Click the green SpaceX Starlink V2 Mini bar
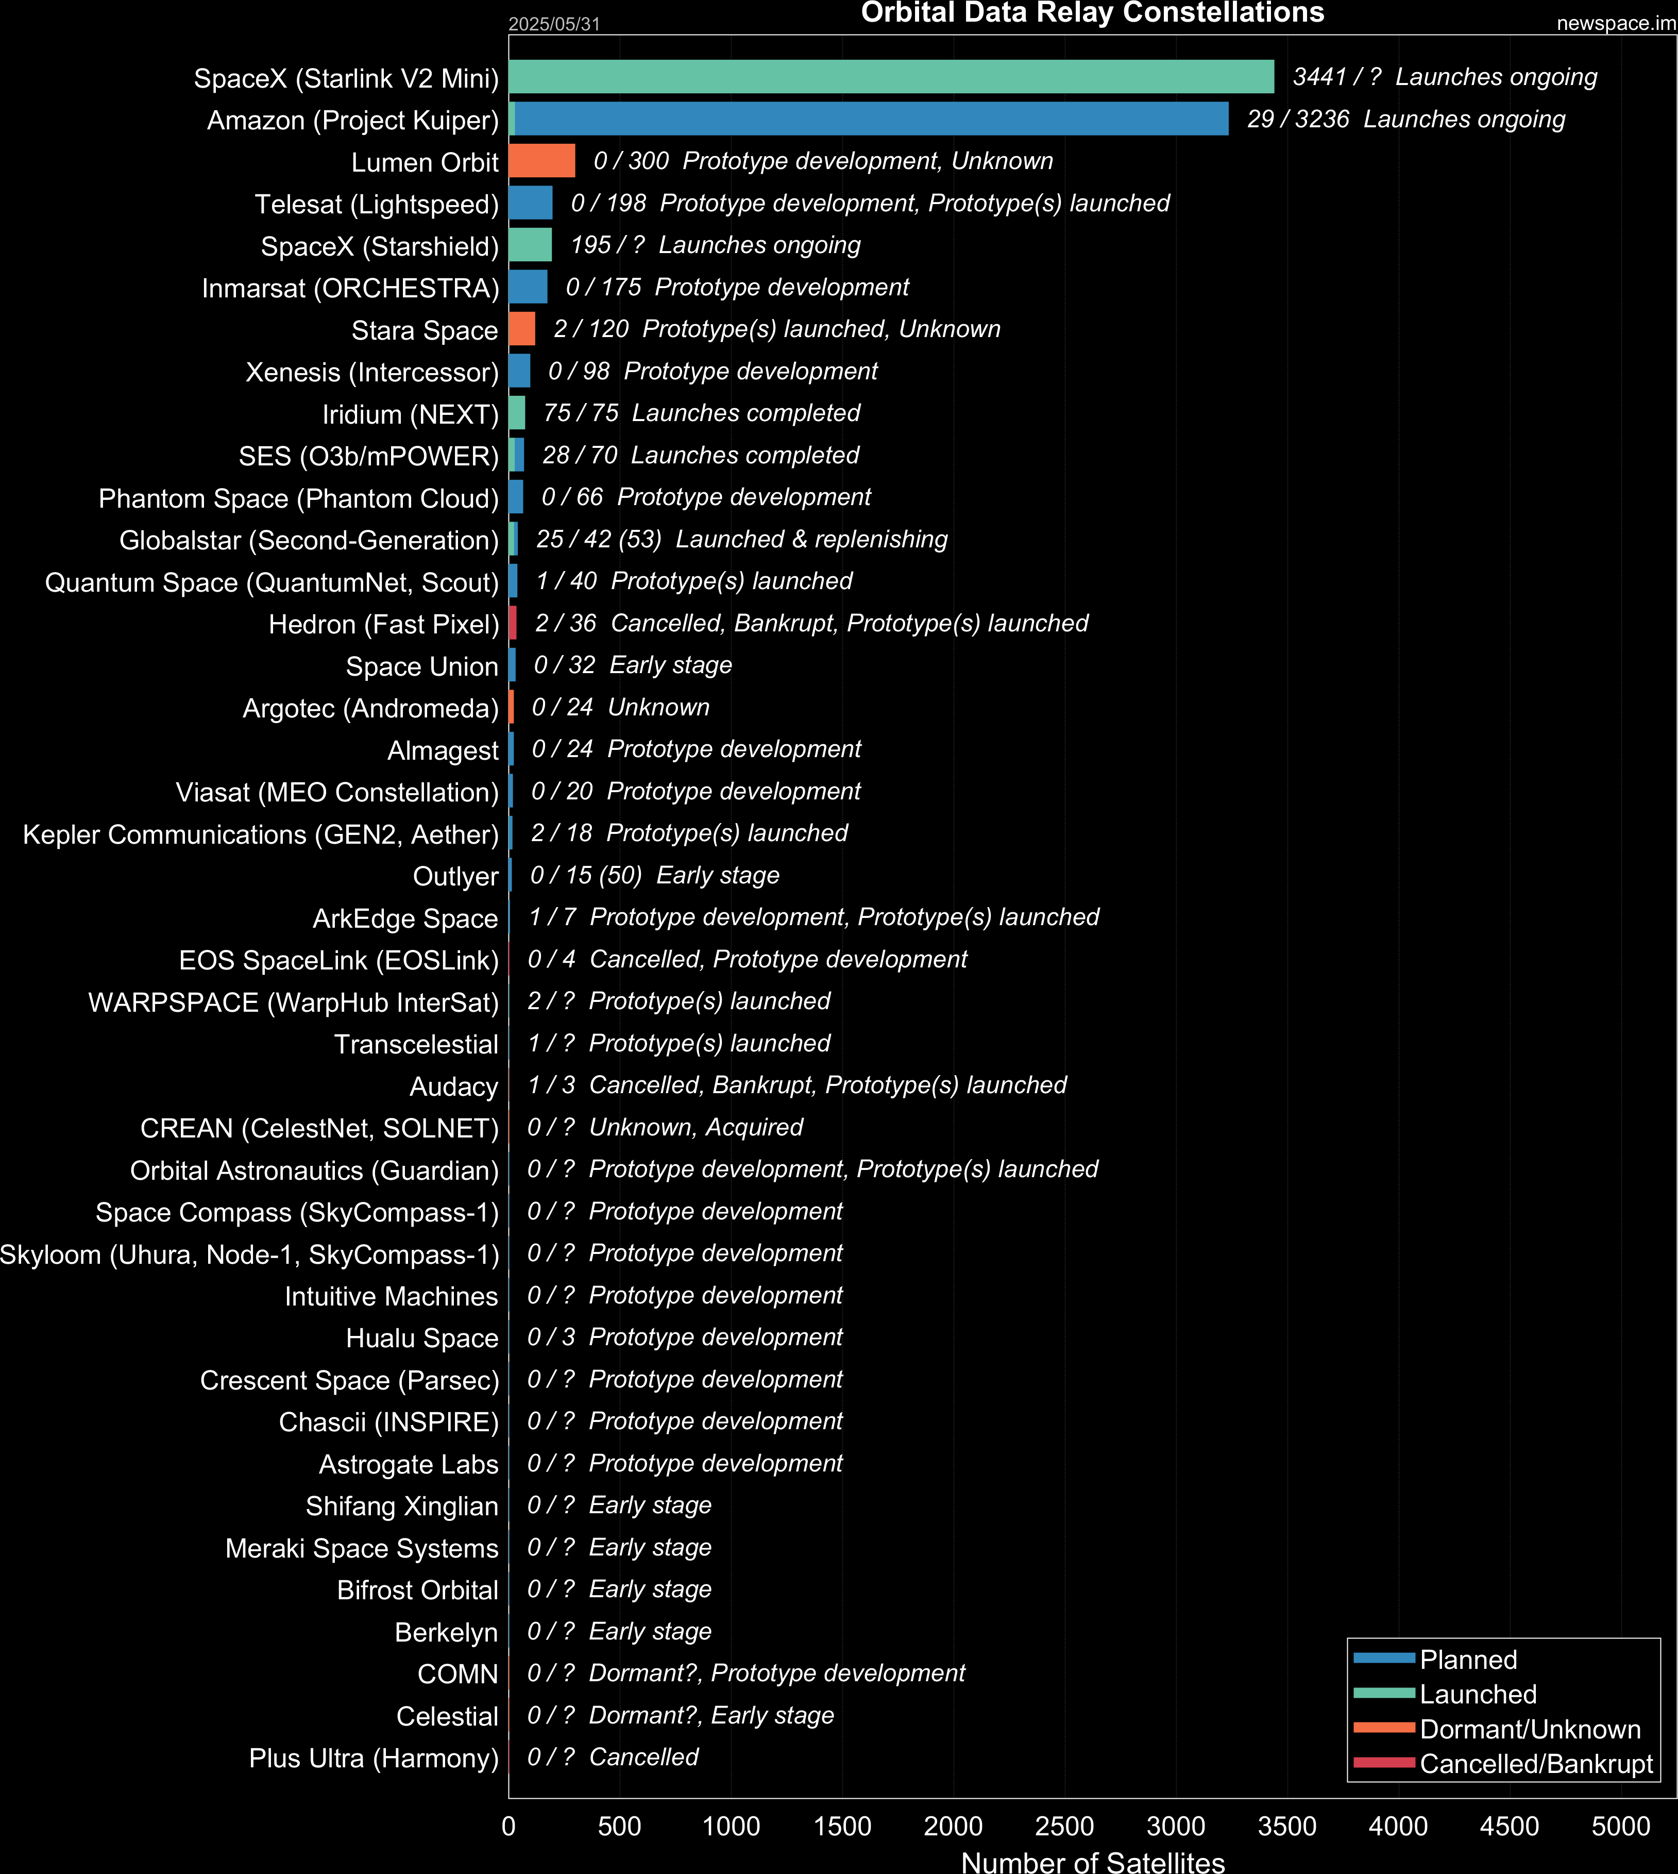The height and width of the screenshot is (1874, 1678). click(x=892, y=77)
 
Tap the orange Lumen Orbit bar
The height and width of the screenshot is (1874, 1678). click(x=542, y=160)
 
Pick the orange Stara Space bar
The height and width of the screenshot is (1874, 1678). click(x=522, y=328)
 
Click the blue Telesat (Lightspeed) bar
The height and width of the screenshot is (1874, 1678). click(x=531, y=203)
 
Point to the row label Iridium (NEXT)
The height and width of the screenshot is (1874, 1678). click(x=410, y=414)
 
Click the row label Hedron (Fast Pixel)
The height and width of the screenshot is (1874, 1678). click(x=383, y=624)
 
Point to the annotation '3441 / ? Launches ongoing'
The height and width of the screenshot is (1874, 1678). click(x=1445, y=77)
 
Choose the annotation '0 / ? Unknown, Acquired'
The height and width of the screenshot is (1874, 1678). click(x=665, y=1127)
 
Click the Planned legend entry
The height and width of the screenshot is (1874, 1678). click(x=1435, y=1659)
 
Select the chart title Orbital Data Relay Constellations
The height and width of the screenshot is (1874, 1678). click(x=1093, y=12)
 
